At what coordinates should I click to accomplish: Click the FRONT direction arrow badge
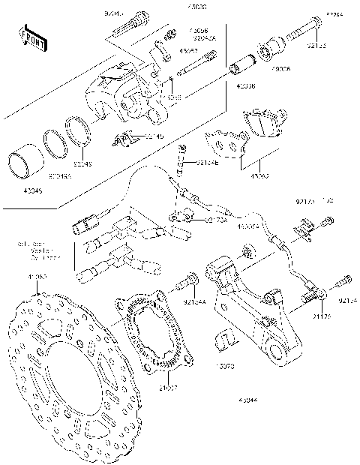tap(28, 37)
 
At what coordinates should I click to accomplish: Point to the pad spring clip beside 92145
tap(124, 139)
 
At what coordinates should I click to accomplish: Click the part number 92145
tap(153, 136)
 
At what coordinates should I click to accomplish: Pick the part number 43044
tap(250, 401)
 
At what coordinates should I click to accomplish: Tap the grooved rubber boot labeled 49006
tap(268, 52)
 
